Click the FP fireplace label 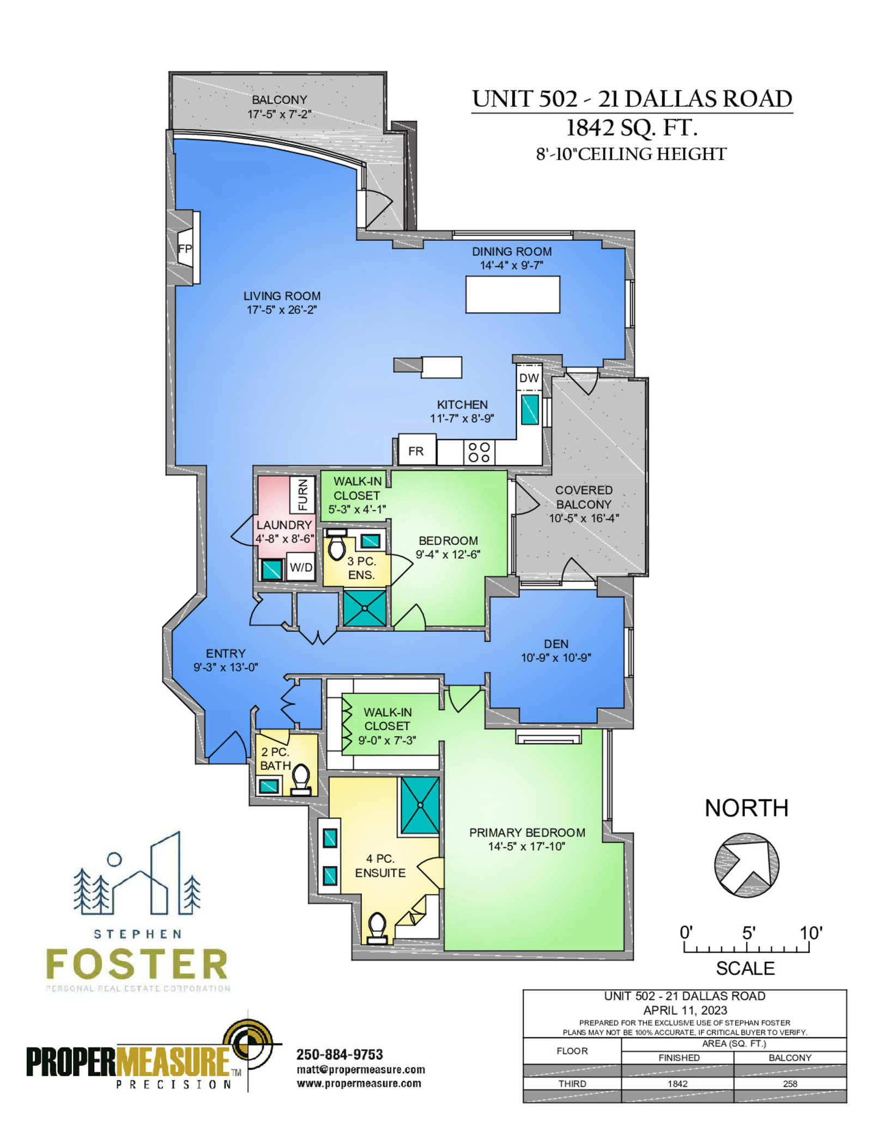pyautogui.click(x=185, y=248)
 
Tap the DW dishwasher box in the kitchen pyautogui.click(x=529, y=377)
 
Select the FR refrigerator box pyautogui.click(x=417, y=450)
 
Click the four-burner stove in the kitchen pyautogui.click(x=479, y=452)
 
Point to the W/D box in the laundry pyautogui.click(x=301, y=567)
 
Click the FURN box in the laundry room pyautogui.click(x=302, y=495)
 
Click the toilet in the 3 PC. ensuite pyautogui.click(x=336, y=544)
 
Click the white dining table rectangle pyautogui.click(x=512, y=295)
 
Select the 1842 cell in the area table pyautogui.click(x=677, y=1084)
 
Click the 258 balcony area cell pyautogui.click(x=790, y=1084)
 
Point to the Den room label pyautogui.click(x=556, y=644)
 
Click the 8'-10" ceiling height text pyautogui.click(x=631, y=154)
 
